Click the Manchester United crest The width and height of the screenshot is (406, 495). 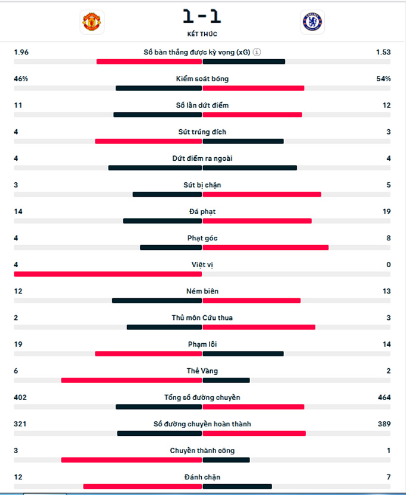pyautogui.click(x=92, y=22)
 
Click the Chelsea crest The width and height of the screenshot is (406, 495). pyautogui.click(x=312, y=22)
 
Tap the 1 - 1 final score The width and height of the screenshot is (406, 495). pyautogui.click(x=202, y=16)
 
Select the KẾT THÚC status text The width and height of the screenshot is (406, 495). pyautogui.click(x=202, y=34)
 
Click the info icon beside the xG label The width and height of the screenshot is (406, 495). pyautogui.click(x=257, y=52)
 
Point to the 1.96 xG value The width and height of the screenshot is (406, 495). pyautogui.click(x=21, y=52)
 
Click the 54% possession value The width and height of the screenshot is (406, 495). pyautogui.click(x=383, y=78)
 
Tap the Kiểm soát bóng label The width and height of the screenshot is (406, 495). pyautogui.click(x=202, y=79)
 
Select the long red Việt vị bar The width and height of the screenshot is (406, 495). pyautogui.click(x=107, y=274)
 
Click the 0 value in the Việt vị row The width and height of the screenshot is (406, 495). pyautogui.click(x=388, y=264)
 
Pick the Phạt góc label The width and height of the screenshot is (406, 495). pyautogui.click(x=202, y=238)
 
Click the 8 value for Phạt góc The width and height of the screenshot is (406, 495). pyautogui.click(x=388, y=238)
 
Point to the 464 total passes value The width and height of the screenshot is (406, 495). pyautogui.click(x=384, y=397)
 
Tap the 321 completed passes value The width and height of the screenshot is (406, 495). pyautogui.click(x=20, y=424)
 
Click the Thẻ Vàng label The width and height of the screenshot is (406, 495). pyautogui.click(x=202, y=371)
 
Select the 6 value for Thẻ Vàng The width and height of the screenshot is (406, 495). pyautogui.click(x=16, y=371)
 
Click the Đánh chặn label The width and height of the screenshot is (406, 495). pyautogui.click(x=202, y=477)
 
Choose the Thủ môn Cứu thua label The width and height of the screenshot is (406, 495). pyautogui.click(x=202, y=317)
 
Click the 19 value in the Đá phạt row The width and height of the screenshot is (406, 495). pyautogui.click(x=386, y=211)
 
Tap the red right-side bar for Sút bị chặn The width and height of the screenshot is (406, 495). pyautogui.click(x=262, y=194)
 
